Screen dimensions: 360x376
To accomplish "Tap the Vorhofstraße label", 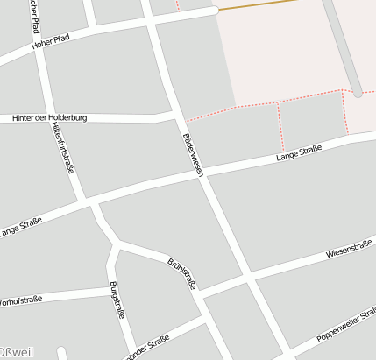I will (19, 301).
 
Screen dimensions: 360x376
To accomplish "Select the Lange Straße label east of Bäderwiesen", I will (298, 153).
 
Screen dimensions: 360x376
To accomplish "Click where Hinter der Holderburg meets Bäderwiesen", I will (178, 114).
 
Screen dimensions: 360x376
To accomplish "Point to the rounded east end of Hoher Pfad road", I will (213, 11).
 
